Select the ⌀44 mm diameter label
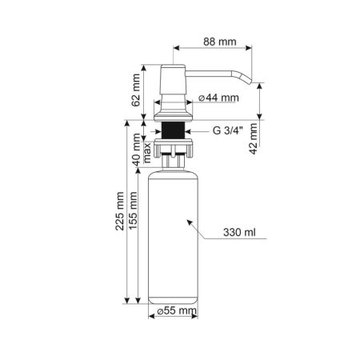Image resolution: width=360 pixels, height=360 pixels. tap(218, 99)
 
